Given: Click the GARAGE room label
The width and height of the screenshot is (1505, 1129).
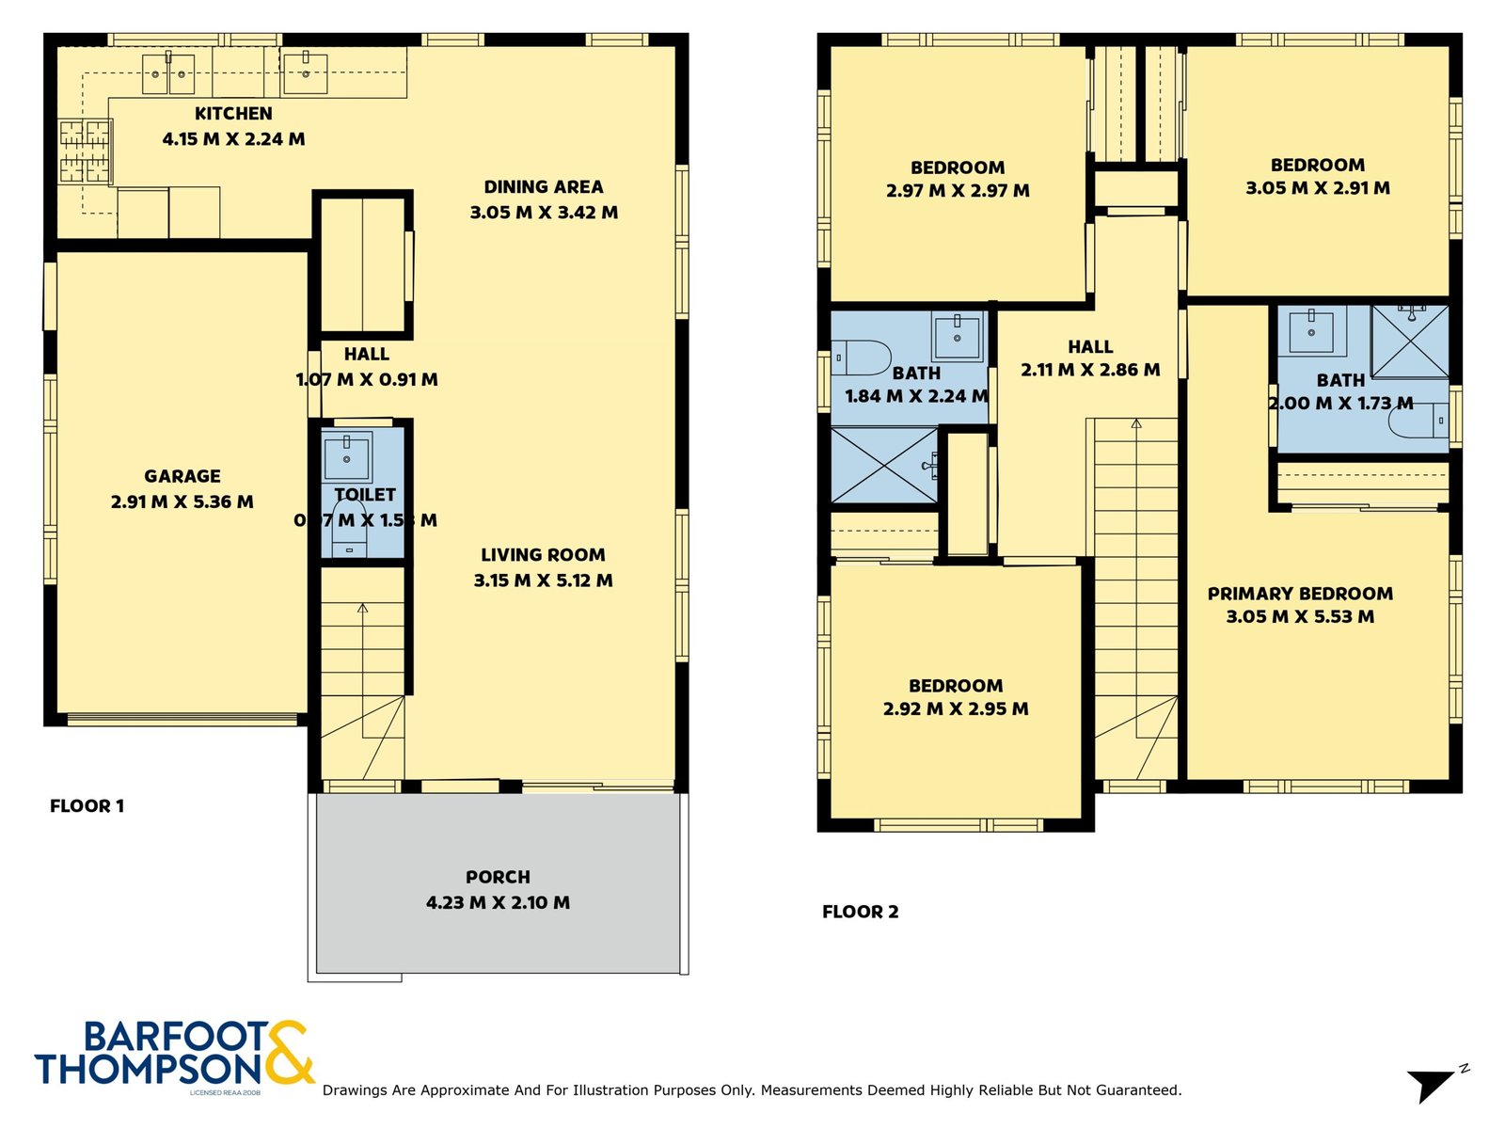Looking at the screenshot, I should pos(182,476).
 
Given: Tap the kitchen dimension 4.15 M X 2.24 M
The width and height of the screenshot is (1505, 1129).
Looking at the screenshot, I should pos(233,139).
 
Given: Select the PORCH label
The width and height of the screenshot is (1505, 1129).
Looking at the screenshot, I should pos(498,877).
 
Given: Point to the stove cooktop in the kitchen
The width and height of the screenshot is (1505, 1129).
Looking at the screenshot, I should pos(86,151).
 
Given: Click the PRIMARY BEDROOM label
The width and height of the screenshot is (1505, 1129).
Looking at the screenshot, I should pos(1300,594).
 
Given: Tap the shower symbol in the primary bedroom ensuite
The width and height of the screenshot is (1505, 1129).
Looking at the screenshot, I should pos(1410,341).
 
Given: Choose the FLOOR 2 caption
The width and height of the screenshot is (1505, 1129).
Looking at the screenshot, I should pos(860,912).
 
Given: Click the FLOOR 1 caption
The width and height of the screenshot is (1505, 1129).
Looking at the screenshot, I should pos(87,806).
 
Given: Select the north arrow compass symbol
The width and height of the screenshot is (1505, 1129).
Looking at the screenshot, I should pos(1434,1083).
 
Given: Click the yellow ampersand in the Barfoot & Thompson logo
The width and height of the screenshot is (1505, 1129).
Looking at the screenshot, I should pos(288,1054).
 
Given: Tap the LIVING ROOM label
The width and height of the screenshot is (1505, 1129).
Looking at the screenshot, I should pos(543,555).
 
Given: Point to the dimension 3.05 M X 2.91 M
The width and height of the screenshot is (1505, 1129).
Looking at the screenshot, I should pos(1317,188).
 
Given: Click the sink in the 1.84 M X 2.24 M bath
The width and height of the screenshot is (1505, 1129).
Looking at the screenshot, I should pos(957,336).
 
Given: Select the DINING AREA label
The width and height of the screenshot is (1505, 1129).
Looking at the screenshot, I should pos(543,187).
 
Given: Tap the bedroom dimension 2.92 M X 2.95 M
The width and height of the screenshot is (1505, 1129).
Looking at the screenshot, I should pos(955,709).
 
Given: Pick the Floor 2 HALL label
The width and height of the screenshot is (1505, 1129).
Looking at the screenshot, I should pos(1090,347).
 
